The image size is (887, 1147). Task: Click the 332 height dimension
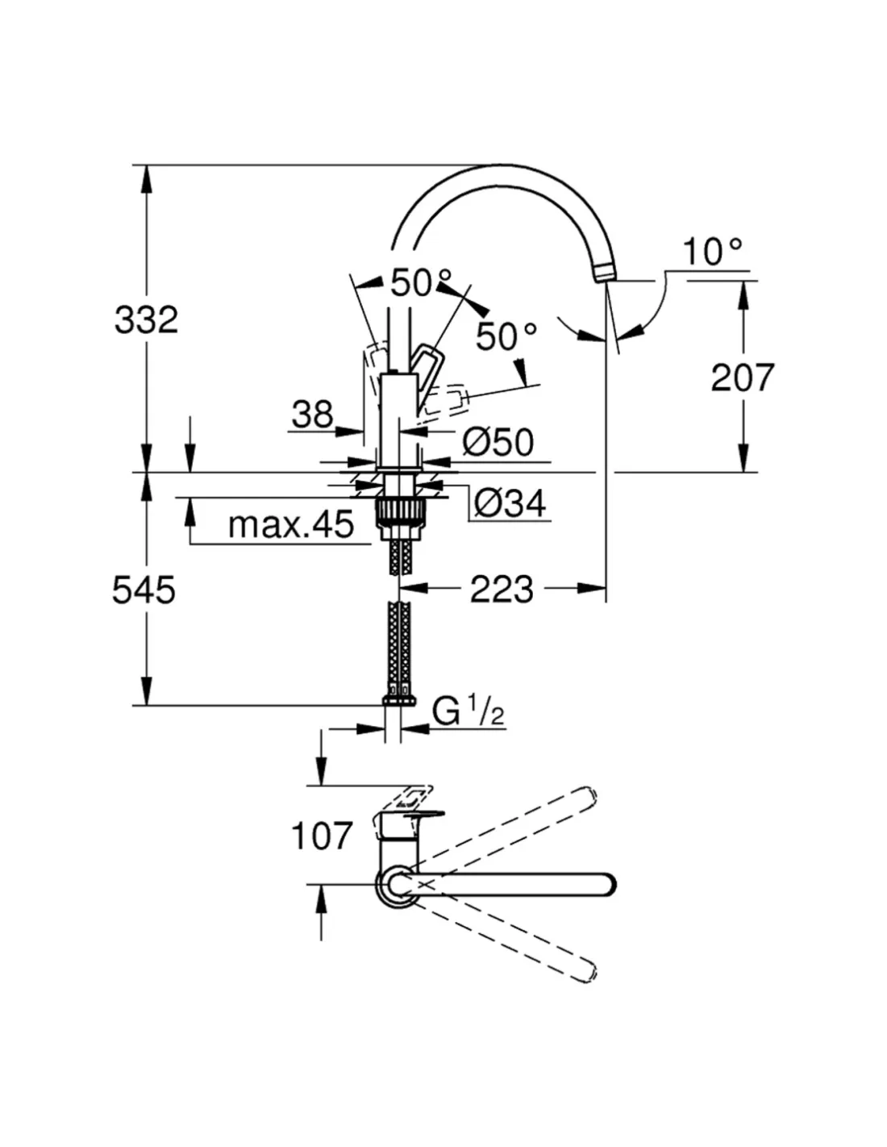tap(146, 320)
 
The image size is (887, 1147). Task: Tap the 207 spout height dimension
tap(742, 377)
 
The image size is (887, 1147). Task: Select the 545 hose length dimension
tap(144, 590)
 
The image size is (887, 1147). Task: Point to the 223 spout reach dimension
tap(502, 590)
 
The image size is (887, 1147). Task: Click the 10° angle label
tap(712, 252)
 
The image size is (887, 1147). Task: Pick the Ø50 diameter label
tap(498, 442)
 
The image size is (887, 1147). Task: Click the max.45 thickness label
tap(290, 525)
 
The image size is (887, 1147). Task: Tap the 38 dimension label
tap(312, 415)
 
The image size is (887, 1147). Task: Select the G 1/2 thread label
tap(468, 712)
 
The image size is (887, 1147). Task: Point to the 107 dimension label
tap(322, 836)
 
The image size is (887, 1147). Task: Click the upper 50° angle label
tap(421, 282)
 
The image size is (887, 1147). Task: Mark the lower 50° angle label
tap(506, 336)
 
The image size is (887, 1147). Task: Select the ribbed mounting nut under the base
tap(399, 512)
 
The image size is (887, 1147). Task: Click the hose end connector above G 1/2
tap(399, 697)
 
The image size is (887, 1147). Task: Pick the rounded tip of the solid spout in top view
tap(608, 883)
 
